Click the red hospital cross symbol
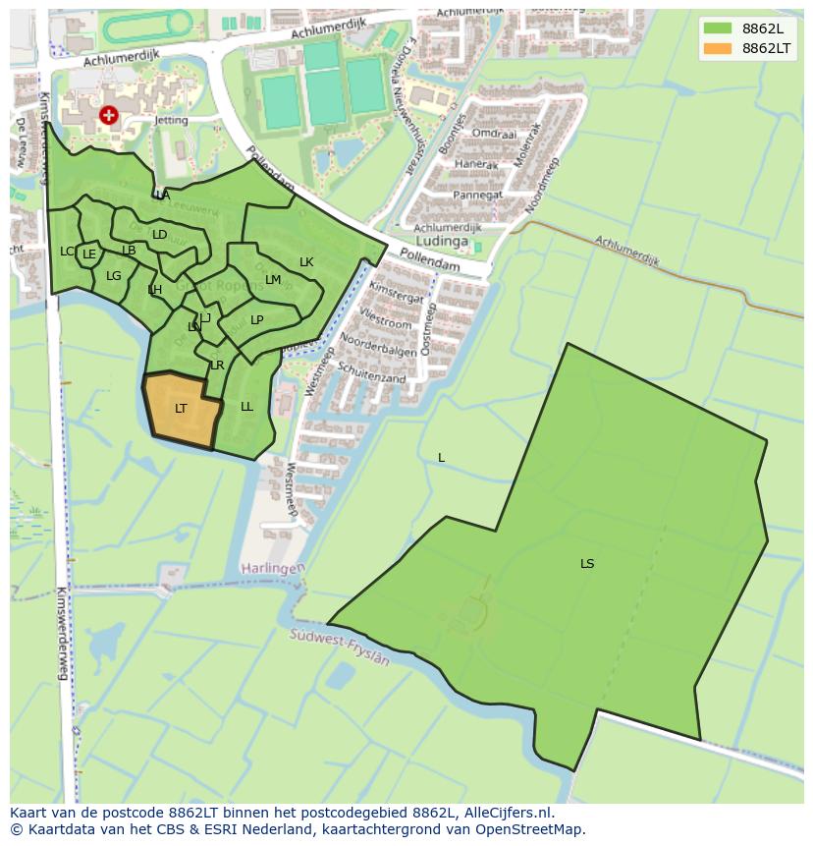108,116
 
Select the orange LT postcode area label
181,409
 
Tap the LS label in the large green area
587,564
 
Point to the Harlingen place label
273,569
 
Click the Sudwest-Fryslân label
340,648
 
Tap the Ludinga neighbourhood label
442,240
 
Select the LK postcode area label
306,262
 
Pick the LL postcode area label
246,407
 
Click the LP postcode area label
256,320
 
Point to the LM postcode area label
273,280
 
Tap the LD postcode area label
159,235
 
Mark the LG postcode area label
114,276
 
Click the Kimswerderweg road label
63,634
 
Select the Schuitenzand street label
372,370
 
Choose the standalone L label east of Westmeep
441,458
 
